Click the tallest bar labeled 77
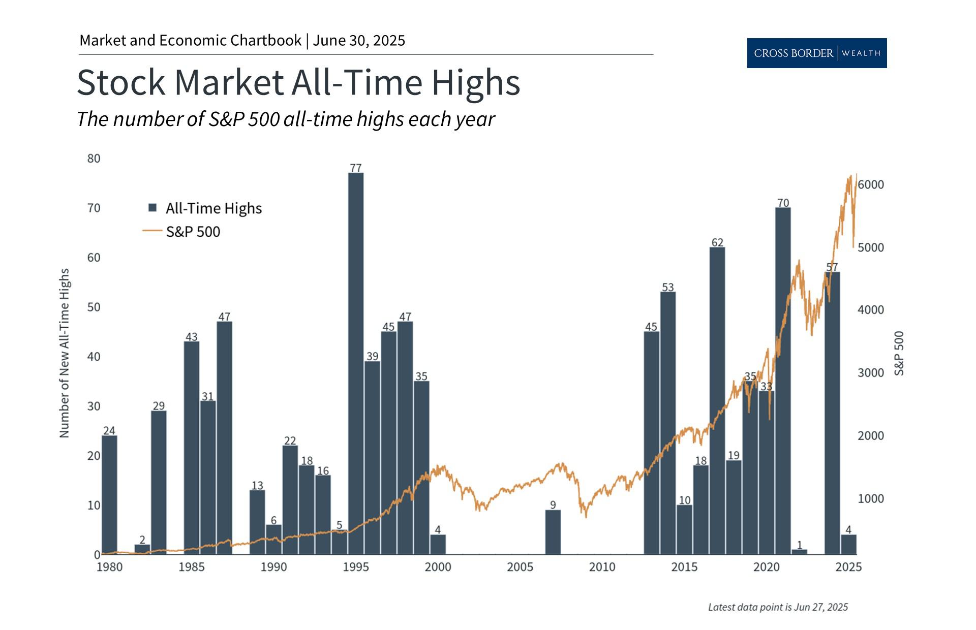pyautogui.click(x=356, y=363)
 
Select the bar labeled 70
pyautogui.click(x=783, y=381)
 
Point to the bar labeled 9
pyautogui.click(x=553, y=532)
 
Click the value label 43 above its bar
pyautogui.click(x=191, y=337)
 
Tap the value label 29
pyautogui.click(x=159, y=406)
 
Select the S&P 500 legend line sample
pyautogui.click(x=152, y=231)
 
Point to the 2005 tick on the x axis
pyautogui.click(x=520, y=567)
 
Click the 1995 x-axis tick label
pyautogui.click(x=356, y=567)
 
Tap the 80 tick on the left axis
pyautogui.click(x=94, y=159)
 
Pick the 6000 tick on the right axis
pyautogui.click(x=871, y=185)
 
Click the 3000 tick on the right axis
pyautogui.click(x=871, y=373)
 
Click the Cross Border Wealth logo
pyautogui.click(x=817, y=53)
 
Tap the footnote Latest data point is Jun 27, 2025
pyautogui.click(x=778, y=607)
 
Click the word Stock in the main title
pyautogui.click(x=121, y=82)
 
